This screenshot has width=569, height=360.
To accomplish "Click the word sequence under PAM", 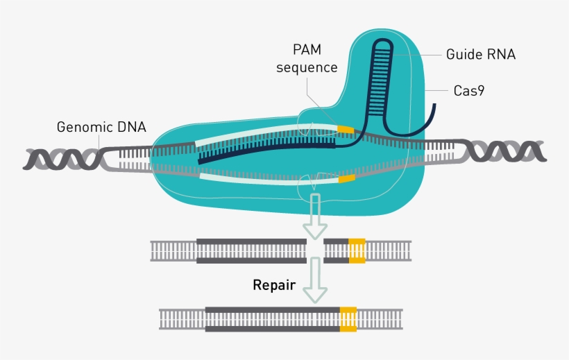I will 306,67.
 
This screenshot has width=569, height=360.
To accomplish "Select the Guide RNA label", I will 481,54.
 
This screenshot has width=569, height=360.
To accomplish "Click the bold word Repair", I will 275,284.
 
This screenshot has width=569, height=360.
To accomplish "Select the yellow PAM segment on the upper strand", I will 346,129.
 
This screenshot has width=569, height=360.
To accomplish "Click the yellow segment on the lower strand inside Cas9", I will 346,179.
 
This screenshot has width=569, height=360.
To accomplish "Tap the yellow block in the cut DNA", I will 357,250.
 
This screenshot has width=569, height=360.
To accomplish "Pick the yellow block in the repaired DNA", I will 348,318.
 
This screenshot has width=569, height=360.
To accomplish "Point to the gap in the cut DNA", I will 315,250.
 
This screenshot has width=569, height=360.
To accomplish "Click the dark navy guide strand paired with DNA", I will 264,150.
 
